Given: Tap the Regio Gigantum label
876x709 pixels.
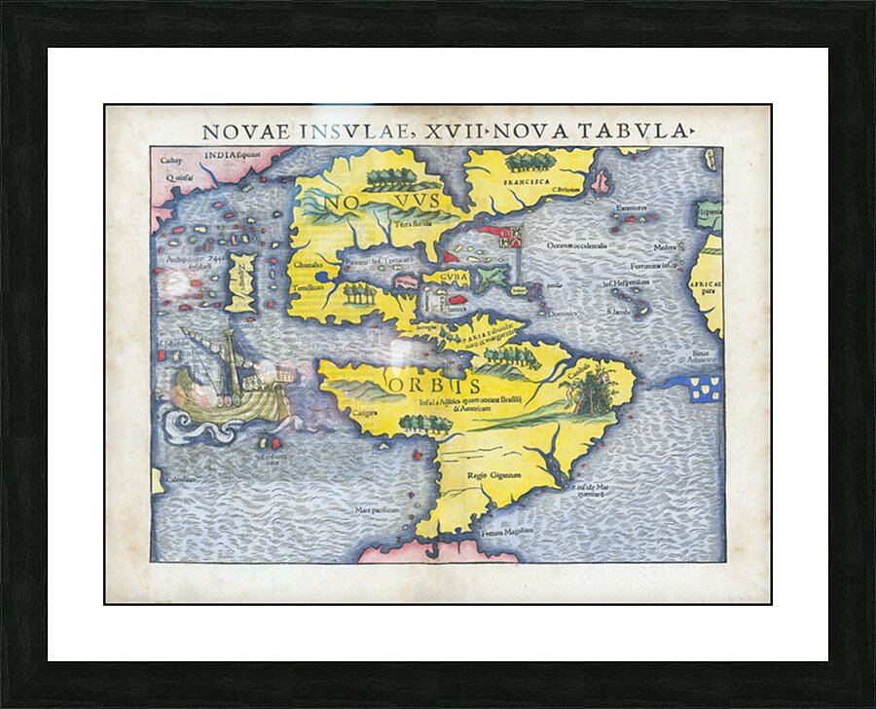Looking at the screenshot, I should pos(490,474).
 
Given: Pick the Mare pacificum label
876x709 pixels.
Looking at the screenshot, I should pos(378,509).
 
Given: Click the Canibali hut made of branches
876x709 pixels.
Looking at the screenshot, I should pos(591,394).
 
